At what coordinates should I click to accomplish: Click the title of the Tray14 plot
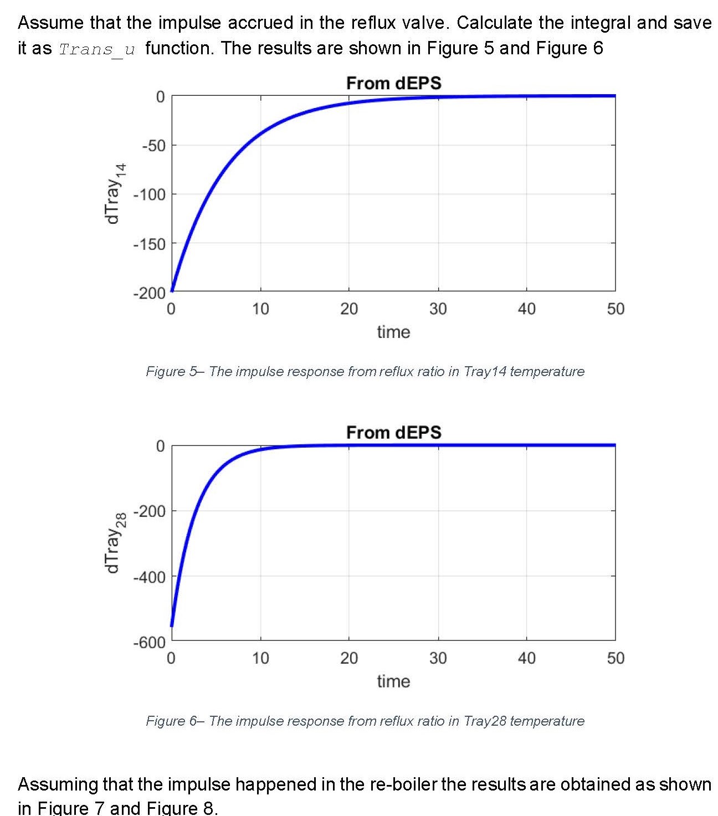[x=393, y=83]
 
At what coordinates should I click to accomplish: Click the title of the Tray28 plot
[x=393, y=432]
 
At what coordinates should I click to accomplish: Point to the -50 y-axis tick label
[x=153, y=146]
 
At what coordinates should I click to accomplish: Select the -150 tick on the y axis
[x=149, y=244]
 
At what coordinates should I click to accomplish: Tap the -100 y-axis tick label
[x=149, y=194]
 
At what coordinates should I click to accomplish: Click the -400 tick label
[x=149, y=577]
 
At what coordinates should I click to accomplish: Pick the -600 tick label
[x=149, y=642]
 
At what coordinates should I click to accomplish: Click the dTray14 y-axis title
[x=114, y=194]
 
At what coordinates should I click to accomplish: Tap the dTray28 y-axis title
[x=114, y=543]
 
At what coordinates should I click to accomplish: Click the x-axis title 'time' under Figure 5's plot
[x=393, y=332]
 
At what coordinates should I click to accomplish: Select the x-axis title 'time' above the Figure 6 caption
[x=393, y=681]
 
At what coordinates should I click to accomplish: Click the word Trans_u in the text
[x=97, y=49]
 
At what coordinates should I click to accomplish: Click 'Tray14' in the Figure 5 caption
[x=485, y=371]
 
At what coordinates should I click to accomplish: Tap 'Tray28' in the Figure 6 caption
[x=485, y=721]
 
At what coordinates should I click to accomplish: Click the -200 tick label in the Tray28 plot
[x=149, y=511]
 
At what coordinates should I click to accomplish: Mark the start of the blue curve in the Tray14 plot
[x=172, y=290]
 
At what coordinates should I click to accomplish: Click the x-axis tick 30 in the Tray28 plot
[x=438, y=658]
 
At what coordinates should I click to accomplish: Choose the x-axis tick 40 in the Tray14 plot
[x=526, y=309]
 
